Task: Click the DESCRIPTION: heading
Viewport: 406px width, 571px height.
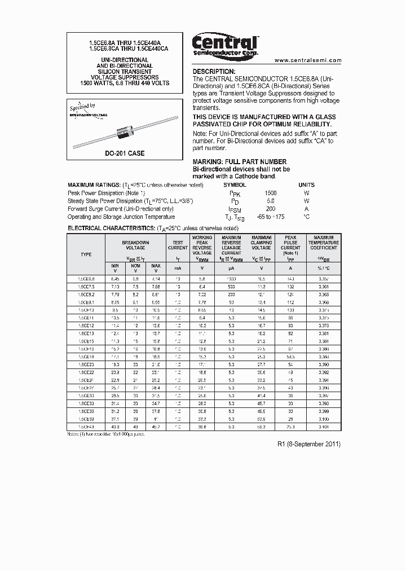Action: (x=214, y=72)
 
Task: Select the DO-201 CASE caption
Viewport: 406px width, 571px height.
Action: (x=125, y=153)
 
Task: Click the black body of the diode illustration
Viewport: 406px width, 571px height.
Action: (x=125, y=133)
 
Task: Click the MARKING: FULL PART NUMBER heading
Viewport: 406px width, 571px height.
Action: (x=240, y=162)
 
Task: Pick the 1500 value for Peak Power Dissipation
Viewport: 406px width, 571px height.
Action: (x=271, y=193)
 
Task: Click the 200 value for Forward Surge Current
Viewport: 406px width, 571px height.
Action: (x=271, y=209)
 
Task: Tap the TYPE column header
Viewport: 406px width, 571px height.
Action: (x=86, y=254)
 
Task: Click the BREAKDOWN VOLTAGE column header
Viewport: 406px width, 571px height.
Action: (x=135, y=245)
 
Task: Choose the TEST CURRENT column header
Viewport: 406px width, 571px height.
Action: (x=178, y=245)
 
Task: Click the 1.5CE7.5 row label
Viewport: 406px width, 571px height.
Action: (x=86, y=286)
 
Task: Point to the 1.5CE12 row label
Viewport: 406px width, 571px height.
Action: (x=86, y=326)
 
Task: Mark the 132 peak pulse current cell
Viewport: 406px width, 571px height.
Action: (x=290, y=286)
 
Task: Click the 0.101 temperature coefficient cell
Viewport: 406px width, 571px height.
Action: (x=324, y=428)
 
